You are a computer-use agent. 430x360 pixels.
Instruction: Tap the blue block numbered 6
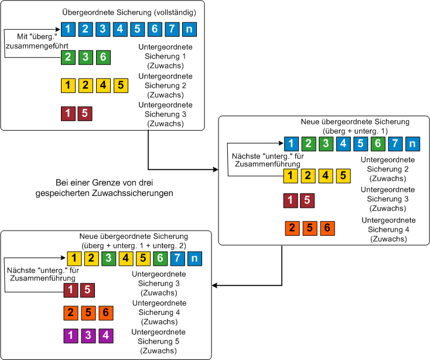(155, 28)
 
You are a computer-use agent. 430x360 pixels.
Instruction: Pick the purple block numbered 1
(71, 335)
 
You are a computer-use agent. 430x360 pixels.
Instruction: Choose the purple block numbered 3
(88, 335)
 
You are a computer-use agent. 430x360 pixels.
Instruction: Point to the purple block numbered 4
(105, 335)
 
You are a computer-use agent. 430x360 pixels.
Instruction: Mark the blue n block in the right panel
(413, 143)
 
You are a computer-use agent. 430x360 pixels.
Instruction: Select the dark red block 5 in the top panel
(85, 113)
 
